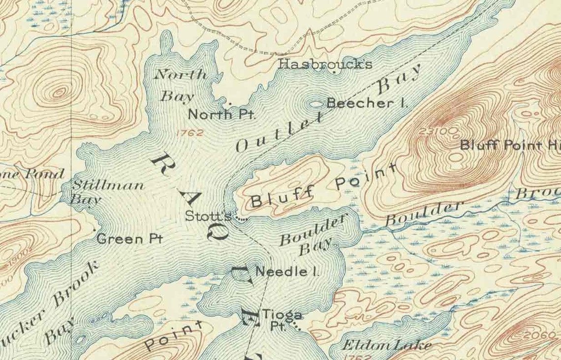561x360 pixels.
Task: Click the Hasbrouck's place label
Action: click(325, 64)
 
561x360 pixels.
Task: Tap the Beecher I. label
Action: click(367, 103)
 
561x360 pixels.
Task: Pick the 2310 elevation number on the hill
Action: click(433, 131)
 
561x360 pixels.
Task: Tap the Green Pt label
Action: click(129, 239)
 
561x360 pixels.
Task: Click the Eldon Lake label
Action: click(387, 344)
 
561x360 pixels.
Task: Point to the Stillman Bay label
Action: click(106, 192)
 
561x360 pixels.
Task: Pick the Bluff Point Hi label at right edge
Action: click(509, 145)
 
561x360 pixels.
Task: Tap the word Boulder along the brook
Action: click(424, 213)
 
